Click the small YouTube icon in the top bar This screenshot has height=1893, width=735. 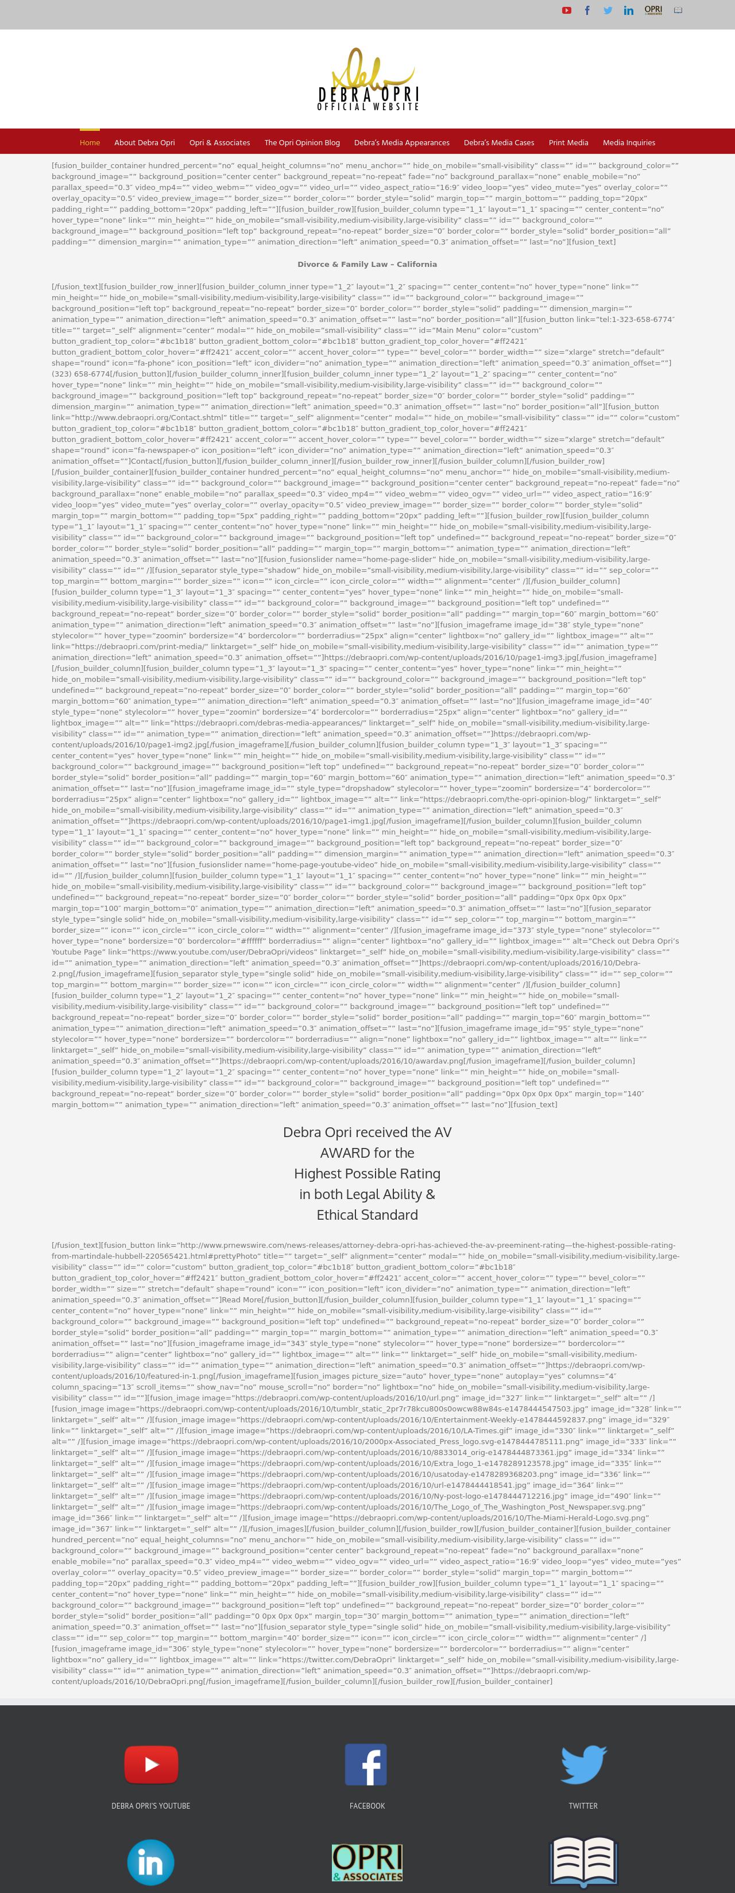coord(567,10)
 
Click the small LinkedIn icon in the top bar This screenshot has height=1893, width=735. coord(628,10)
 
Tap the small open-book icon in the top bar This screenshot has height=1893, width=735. coord(678,10)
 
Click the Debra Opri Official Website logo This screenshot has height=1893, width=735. coord(367,79)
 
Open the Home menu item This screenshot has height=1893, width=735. coord(90,142)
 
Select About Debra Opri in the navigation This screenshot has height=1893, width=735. coord(145,142)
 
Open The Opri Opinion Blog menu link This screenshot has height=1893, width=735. coord(302,142)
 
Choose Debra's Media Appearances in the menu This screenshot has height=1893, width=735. coord(401,142)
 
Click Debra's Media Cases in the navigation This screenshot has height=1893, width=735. coord(499,142)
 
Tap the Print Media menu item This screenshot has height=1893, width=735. coord(568,142)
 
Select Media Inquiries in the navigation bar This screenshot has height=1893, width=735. coord(628,142)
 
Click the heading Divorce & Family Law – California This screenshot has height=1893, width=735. coord(367,264)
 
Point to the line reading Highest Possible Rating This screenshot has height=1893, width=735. coord(367,1174)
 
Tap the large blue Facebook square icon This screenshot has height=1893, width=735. coord(366,1764)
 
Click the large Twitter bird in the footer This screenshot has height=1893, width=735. coord(583,1764)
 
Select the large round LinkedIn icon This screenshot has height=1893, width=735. coord(150,1862)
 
